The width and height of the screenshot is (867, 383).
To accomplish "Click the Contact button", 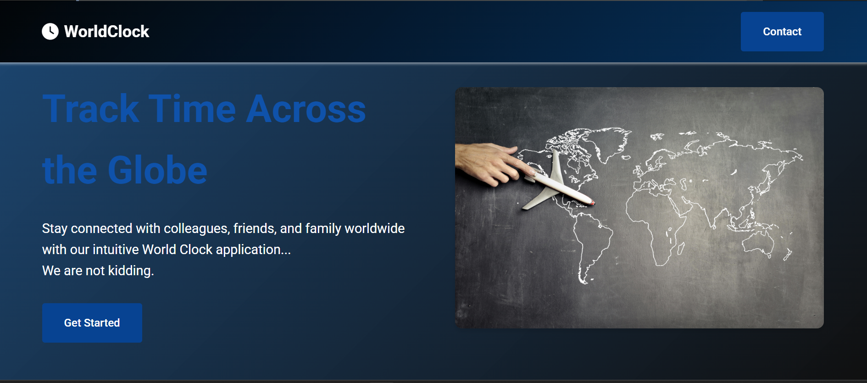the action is coord(782,32).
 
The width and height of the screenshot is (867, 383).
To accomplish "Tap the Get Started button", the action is coord(92,323).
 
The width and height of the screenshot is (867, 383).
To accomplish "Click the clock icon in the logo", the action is coord(50,32).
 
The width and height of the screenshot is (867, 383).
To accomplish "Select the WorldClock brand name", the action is coord(107,32).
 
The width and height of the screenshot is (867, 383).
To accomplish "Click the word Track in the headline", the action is coord(91,109).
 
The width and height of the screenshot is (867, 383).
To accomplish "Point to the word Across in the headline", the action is coord(306,109).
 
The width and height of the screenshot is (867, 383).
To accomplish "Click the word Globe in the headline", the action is coord(157,170).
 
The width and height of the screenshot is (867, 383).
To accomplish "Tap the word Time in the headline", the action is coord(192,109).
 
